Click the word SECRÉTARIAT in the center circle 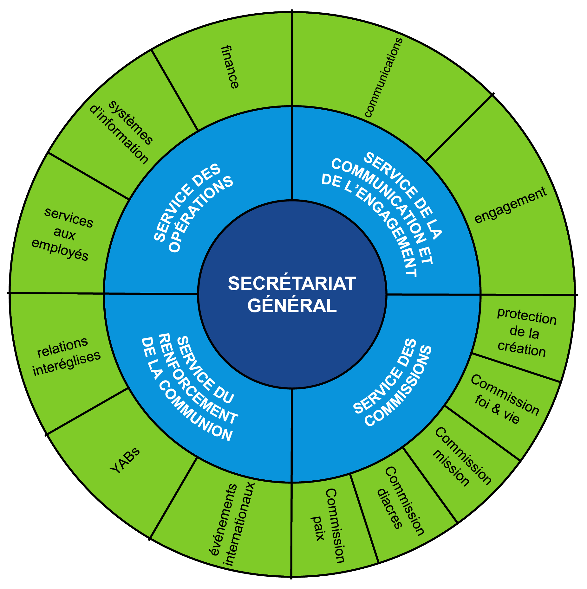coord(292,284)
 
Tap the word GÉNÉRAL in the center coord(292,306)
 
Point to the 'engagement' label coord(511,205)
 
